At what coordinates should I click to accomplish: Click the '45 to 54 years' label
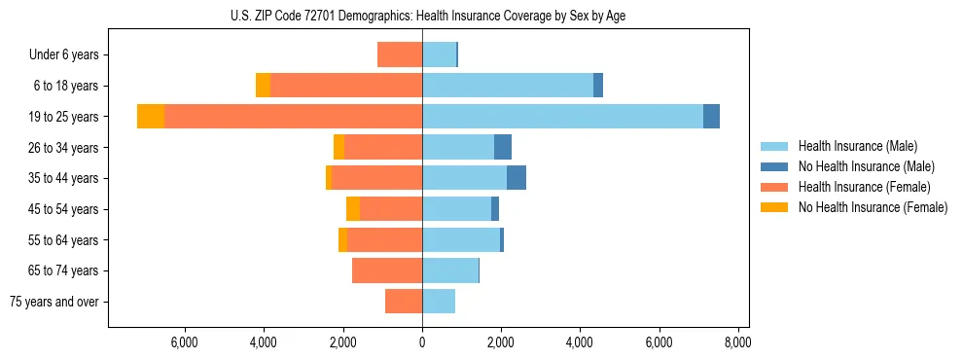[x=64, y=209]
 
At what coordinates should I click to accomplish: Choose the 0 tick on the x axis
[x=422, y=342]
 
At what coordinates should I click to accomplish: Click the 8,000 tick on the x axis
[x=737, y=342]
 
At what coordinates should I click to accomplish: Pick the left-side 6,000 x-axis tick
[x=185, y=342]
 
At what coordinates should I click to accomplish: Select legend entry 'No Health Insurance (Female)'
[x=872, y=207]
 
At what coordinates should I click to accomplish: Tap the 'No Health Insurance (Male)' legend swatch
[x=774, y=166]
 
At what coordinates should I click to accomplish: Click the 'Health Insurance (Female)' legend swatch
[x=774, y=187]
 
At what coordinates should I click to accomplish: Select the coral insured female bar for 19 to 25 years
[x=293, y=117]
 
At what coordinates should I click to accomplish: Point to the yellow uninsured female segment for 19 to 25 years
[x=151, y=117]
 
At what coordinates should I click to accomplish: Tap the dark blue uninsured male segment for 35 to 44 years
[x=517, y=178]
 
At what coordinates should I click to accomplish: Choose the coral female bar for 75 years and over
[x=404, y=302]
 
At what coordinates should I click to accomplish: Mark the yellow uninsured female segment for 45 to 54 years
[x=353, y=209]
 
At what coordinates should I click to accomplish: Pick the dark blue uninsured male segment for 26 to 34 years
[x=503, y=147]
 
